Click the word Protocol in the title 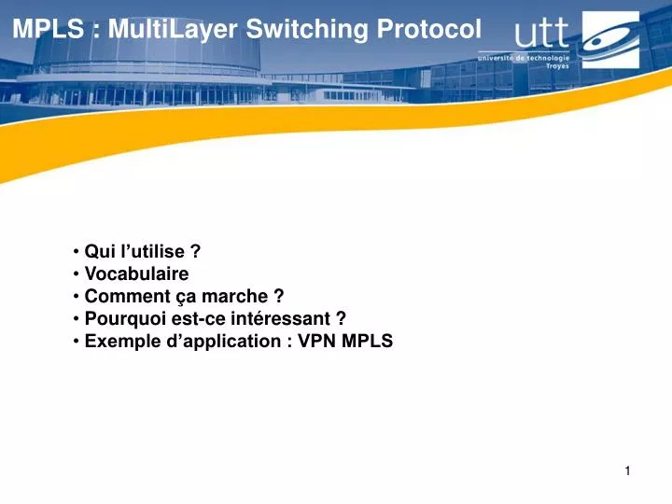coord(428,29)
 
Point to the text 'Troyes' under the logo coord(557,66)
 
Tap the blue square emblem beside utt coord(611,40)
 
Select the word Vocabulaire coord(136,273)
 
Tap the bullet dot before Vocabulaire coord(76,274)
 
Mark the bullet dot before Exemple coord(76,342)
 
